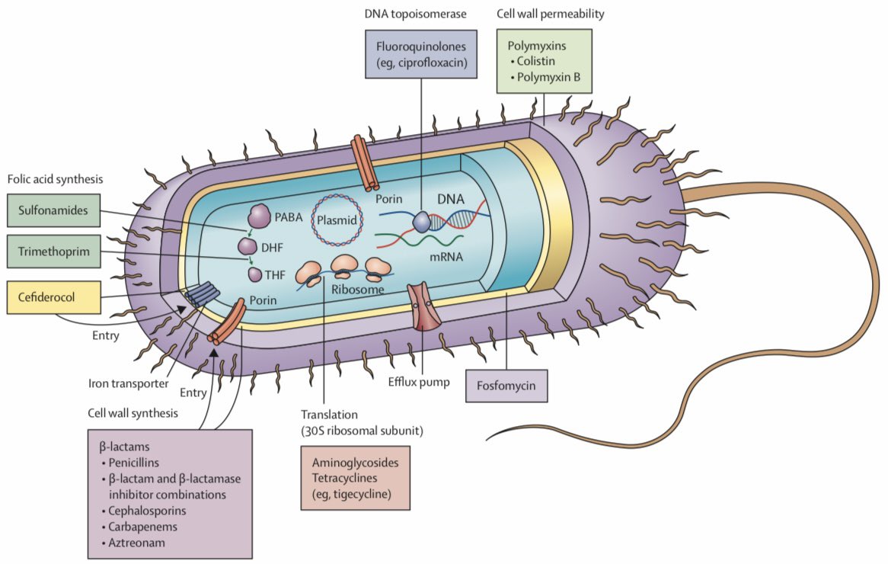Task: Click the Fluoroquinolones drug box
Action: click(x=421, y=53)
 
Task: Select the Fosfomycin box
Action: click(x=506, y=386)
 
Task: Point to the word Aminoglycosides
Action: click(x=355, y=463)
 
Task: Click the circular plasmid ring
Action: click(x=340, y=220)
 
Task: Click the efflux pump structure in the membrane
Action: click(x=421, y=306)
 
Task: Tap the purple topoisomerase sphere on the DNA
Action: click(x=422, y=221)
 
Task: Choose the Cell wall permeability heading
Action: click(x=544, y=14)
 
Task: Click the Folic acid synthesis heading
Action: click(x=55, y=180)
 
